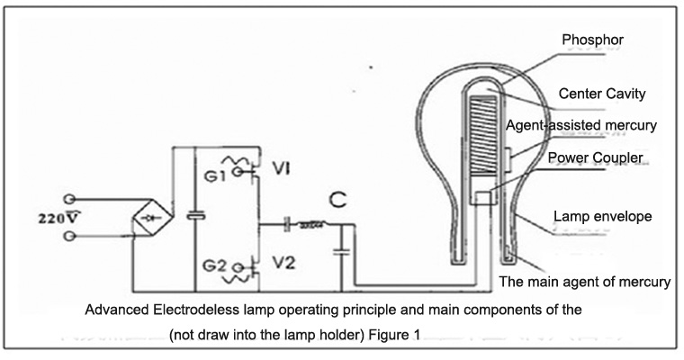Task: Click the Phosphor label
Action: pyautogui.click(x=591, y=40)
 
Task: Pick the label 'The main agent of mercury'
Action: pyautogui.click(x=585, y=282)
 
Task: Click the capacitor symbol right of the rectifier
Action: pyautogui.click(x=193, y=217)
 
